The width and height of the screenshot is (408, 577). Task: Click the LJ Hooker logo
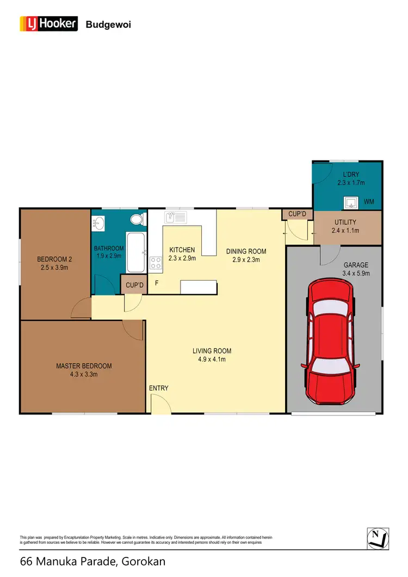click(48, 24)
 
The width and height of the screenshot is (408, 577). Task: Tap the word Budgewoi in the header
click(108, 24)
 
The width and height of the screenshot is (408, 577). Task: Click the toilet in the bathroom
click(137, 220)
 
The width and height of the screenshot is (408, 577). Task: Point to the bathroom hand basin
click(98, 223)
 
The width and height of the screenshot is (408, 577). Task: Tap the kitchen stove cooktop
click(156, 263)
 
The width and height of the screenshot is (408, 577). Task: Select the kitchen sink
click(174, 218)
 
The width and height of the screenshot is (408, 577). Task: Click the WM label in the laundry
click(369, 202)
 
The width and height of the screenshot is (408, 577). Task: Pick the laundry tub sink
click(350, 203)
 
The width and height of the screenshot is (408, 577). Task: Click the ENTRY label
click(159, 388)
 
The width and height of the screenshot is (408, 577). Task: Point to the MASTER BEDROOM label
click(84, 366)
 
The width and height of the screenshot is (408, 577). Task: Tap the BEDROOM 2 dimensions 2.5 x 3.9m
click(55, 268)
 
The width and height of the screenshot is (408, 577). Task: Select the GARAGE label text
click(356, 265)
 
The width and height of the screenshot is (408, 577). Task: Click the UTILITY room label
click(345, 222)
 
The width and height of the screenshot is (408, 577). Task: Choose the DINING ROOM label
click(246, 251)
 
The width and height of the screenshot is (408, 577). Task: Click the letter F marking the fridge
click(157, 283)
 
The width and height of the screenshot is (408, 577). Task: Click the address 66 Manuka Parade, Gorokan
click(92, 561)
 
